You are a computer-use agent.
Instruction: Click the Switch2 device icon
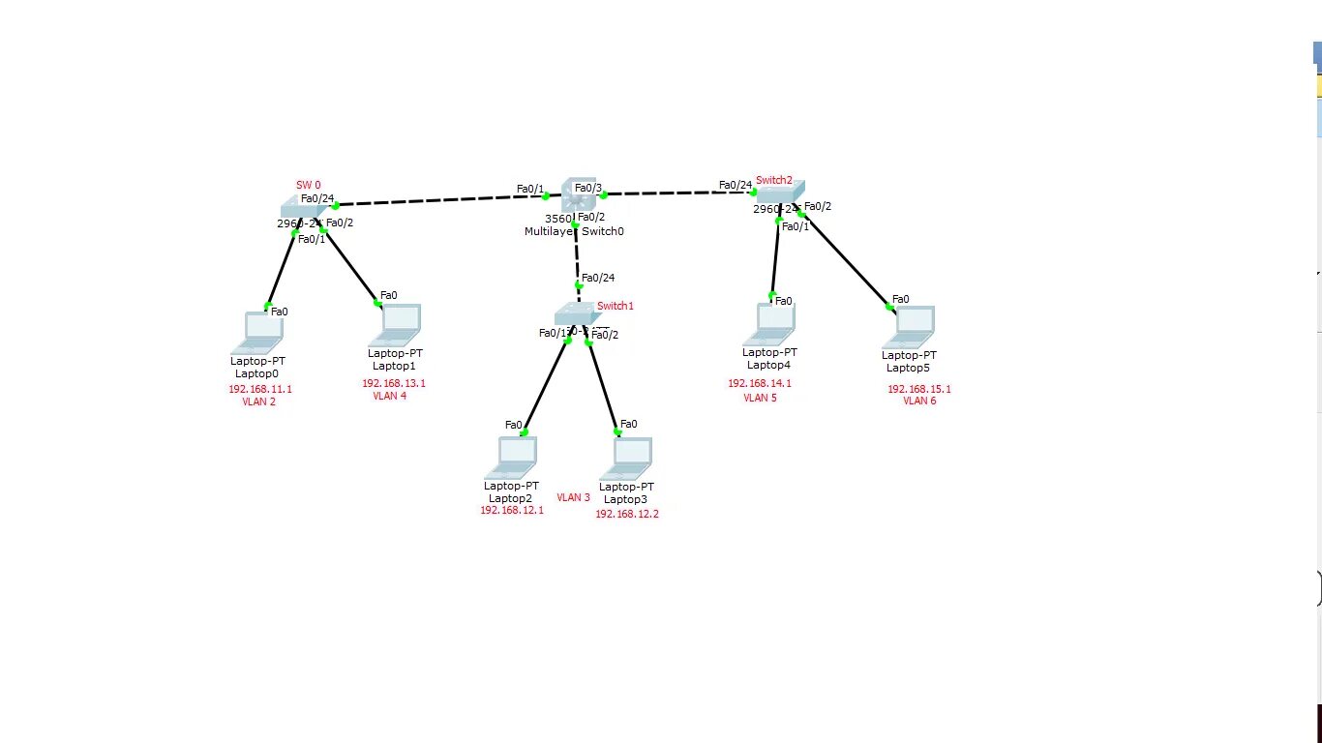(x=780, y=193)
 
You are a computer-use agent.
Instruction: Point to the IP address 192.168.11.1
(x=259, y=389)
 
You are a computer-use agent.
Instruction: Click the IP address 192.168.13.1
(x=394, y=383)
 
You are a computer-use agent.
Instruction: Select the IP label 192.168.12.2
(x=627, y=514)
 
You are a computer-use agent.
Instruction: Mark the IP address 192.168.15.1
(x=919, y=389)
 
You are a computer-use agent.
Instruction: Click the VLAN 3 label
(x=573, y=497)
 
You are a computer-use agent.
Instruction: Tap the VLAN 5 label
(x=760, y=398)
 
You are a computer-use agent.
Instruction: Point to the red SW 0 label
(x=308, y=185)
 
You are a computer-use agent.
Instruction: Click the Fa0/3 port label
(x=588, y=188)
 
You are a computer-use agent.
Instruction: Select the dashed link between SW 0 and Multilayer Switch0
(x=436, y=200)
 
